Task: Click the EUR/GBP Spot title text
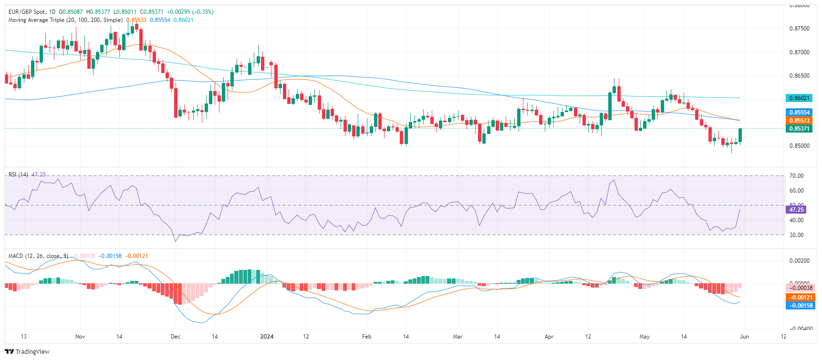coord(31,12)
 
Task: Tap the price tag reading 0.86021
coord(799,98)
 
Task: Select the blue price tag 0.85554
coord(799,113)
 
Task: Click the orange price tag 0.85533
coord(799,121)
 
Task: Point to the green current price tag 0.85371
coord(799,129)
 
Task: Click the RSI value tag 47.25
coord(796,210)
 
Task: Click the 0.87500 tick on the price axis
coord(799,29)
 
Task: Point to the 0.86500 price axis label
coord(799,76)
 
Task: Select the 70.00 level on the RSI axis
coord(796,176)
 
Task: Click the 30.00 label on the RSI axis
coord(796,235)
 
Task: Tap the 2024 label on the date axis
coord(267,337)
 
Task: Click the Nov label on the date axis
coord(80,337)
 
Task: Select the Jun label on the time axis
coord(744,337)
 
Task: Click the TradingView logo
coord(27,352)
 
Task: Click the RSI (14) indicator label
coord(18,175)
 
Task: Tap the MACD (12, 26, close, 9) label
coord(38,256)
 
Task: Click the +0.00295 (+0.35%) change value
coord(190,12)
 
